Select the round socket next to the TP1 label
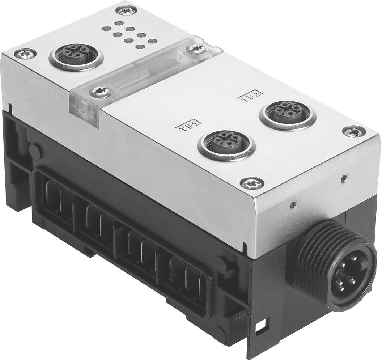click(221, 144)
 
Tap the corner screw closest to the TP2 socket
click(353, 131)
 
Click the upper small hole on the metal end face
click(344, 178)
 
